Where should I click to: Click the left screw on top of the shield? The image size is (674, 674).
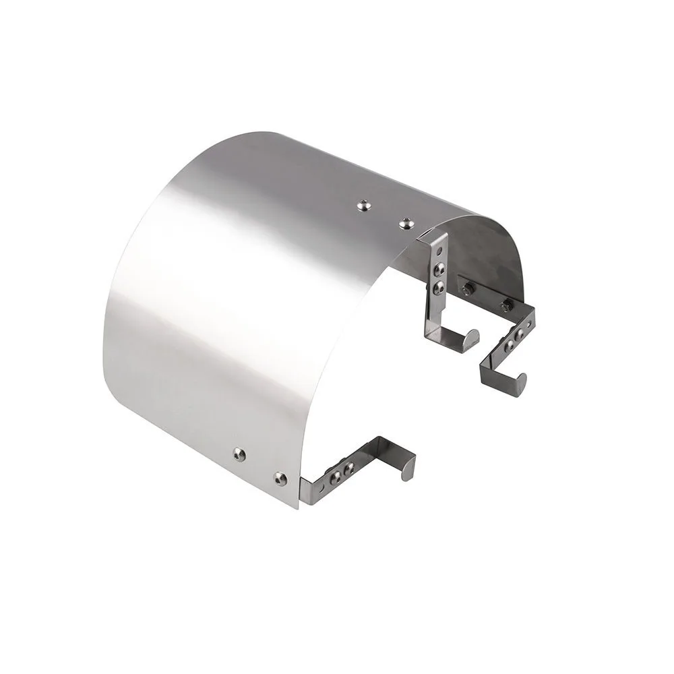pyautogui.click(x=364, y=203)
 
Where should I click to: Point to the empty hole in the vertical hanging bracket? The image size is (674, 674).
pyautogui.click(x=441, y=251)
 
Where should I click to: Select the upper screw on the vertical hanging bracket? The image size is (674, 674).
pyautogui.click(x=439, y=269)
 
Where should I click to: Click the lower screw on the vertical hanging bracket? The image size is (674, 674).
pyautogui.click(x=439, y=288)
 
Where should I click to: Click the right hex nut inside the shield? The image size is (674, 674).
pyautogui.click(x=505, y=307)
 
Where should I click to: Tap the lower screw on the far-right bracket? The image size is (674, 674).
pyautogui.click(x=510, y=344)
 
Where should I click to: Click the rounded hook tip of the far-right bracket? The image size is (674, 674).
pyautogui.click(x=522, y=384)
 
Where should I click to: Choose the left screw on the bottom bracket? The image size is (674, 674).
pyautogui.click(x=334, y=476)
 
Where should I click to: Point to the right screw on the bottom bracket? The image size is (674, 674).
pyautogui.click(x=349, y=466)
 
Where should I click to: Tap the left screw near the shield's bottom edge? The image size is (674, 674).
pyautogui.click(x=239, y=454)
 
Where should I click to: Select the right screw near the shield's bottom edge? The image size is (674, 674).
pyautogui.click(x=280, y=479)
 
